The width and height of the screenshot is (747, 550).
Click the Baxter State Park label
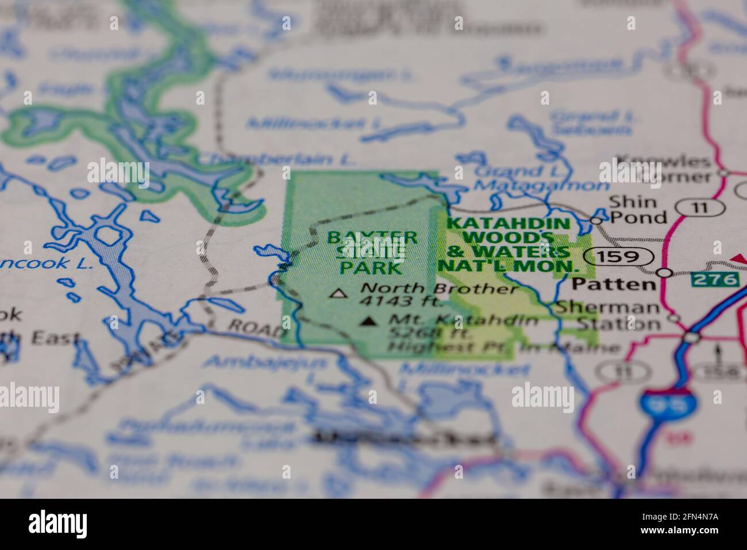371,252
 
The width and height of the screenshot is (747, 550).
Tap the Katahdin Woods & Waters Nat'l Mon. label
508,245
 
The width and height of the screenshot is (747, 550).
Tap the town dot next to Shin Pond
596,220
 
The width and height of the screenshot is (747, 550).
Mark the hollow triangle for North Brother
338,294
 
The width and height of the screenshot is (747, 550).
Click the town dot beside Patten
665,273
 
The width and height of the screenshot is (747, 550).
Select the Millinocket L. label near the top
315,123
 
